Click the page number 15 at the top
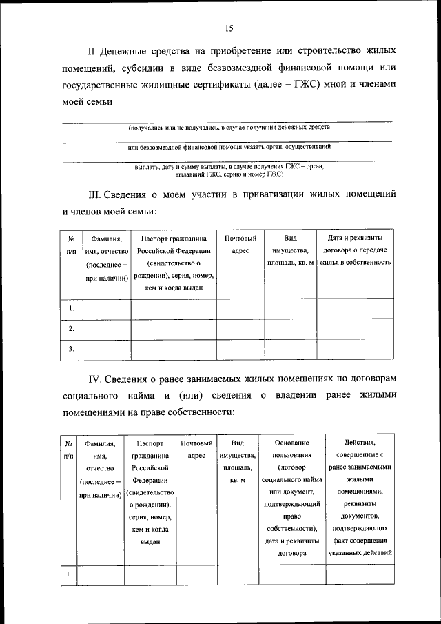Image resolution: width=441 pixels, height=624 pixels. point(229,28)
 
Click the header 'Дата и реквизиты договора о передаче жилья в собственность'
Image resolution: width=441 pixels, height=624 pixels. point(355,250)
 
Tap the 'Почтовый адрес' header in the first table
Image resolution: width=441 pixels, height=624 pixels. point(240,244)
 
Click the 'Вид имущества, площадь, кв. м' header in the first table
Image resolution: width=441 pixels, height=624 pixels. point(289,250)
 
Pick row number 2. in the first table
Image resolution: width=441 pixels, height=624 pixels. point(71,330)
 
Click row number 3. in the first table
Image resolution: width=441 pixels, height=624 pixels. point(71,350)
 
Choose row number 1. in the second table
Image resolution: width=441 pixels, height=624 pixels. point(69,574)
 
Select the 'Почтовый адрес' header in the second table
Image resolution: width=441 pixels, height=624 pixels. point(196,448)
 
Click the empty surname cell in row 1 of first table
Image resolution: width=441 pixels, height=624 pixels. point(106,309)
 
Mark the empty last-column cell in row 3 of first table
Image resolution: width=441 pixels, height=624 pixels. point(355,350)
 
